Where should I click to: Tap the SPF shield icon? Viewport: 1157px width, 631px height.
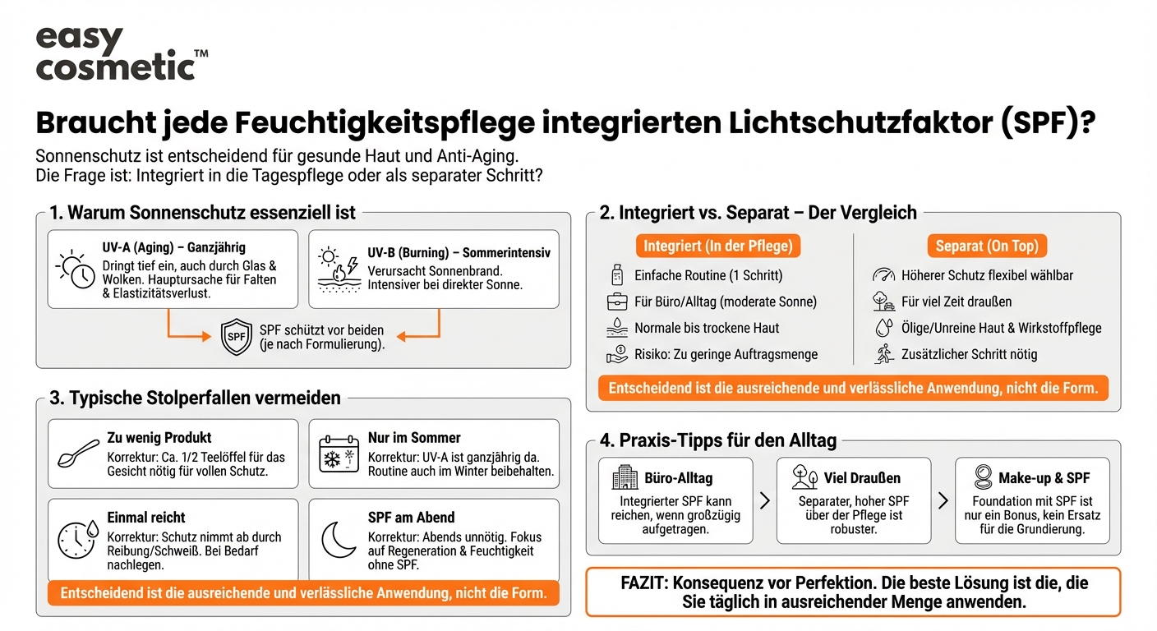[x=237, y=337]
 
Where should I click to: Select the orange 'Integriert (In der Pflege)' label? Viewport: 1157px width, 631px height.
[x=718, y=246]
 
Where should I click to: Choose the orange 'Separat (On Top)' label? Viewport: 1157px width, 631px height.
[x=987, y=246]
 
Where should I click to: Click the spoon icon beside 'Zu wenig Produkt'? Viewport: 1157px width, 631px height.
[x=78, y=454]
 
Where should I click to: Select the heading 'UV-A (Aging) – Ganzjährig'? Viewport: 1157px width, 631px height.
[x=173, y=247]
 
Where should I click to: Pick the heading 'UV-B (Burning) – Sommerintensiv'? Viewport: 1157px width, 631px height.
[x=459, y=253]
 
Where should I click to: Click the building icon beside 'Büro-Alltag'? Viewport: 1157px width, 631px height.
[x=625, y=477]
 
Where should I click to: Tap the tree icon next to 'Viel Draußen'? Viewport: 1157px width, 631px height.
[x=804, y=477]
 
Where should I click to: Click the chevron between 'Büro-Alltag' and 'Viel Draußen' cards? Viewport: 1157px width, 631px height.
[x=764, y=500]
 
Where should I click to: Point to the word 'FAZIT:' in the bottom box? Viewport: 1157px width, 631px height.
[x=644, y=583]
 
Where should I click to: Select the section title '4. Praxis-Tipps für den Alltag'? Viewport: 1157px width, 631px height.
[x=718, y=440]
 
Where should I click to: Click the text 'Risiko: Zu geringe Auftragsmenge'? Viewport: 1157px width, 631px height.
[x=726, y=355]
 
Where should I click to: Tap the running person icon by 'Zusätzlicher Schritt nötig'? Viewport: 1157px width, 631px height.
[x=883, y=355]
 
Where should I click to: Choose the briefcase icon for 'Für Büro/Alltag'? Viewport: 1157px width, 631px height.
[x=616, y=302]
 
